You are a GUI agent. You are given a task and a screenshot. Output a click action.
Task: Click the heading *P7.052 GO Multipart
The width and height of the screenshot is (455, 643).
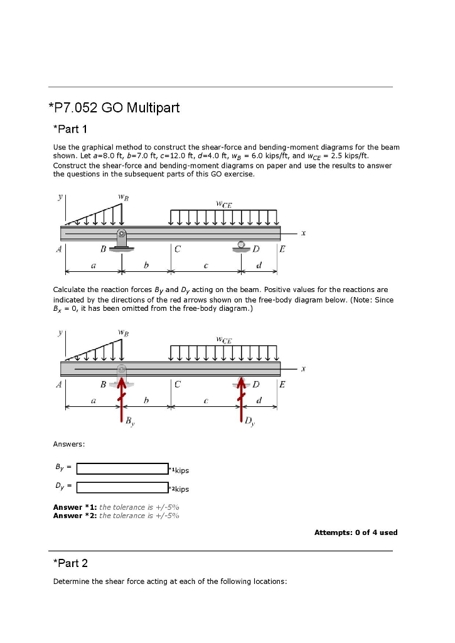114,108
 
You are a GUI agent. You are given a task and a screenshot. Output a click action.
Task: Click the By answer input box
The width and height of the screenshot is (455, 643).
122,468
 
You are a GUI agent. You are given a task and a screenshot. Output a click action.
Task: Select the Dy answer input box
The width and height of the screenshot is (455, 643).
122,487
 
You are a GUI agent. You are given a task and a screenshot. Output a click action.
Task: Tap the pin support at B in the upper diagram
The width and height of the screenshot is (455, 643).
122,242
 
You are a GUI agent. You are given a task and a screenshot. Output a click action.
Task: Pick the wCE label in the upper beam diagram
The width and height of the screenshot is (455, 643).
223,203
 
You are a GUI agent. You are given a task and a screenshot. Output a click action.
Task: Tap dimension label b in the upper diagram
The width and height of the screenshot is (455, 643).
146,266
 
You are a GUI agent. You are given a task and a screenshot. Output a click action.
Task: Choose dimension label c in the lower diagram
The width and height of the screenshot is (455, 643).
206,400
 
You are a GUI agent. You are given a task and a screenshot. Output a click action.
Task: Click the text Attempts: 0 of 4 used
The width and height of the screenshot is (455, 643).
355,532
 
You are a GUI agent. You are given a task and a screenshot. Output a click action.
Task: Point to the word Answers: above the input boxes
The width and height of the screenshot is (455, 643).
68,445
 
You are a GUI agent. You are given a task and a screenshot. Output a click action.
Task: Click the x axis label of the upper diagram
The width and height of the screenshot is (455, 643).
303,233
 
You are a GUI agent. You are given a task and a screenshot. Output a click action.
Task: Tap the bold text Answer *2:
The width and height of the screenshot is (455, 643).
75,516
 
